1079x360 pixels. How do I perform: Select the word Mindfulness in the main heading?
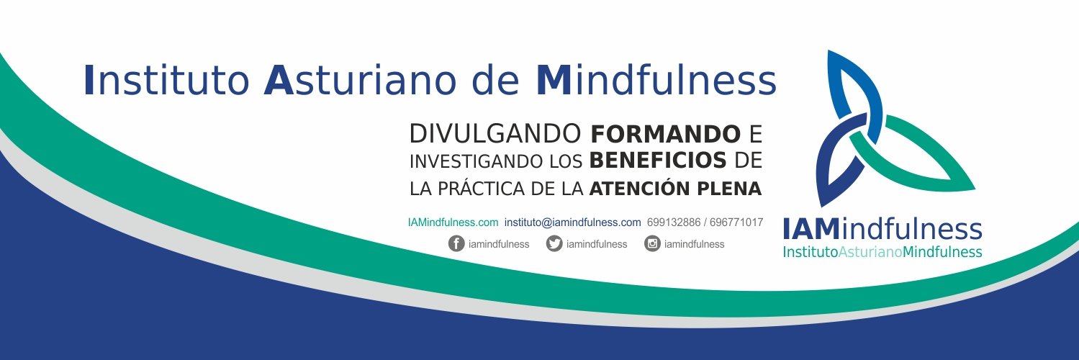[x=656, y=81]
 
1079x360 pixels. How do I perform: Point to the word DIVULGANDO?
[x=495, y=134]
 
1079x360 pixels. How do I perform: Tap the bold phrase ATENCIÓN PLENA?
[x=675, y=189]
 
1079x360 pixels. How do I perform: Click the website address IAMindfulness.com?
[x=453, y=222]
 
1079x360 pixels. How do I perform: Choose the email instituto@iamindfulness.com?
[x=572, y=222]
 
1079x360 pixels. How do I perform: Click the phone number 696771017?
[x=736, y=222]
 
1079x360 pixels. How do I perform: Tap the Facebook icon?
[x=456, y=244]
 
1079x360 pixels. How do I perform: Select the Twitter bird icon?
[x=554, y=244]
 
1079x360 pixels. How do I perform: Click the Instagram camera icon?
[x=652, y=244]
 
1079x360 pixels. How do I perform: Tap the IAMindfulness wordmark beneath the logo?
[x=882, y=230]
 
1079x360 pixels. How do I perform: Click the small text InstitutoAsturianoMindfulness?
[x=882, y=253]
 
